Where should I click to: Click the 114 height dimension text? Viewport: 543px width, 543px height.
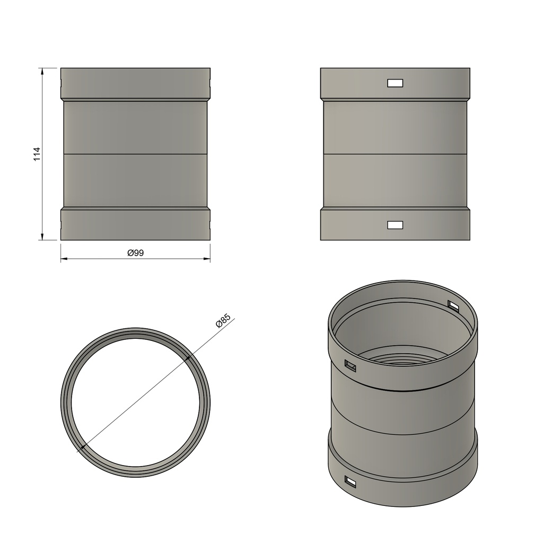click(x=37, y=154)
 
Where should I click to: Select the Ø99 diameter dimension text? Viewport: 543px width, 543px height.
click(x=136, y=253)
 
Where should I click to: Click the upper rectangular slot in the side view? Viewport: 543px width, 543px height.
click(x=395, y=83)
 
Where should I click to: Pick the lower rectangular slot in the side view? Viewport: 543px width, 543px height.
click(x=395, y=225)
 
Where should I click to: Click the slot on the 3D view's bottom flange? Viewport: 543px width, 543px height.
click(x=351, y=481)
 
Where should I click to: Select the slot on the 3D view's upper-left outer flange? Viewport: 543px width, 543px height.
click(x=350, y=365)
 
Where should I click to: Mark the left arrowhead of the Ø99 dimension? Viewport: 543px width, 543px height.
click(x=64, y=259)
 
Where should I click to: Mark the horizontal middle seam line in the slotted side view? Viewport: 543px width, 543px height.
click(x=395, y=154)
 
